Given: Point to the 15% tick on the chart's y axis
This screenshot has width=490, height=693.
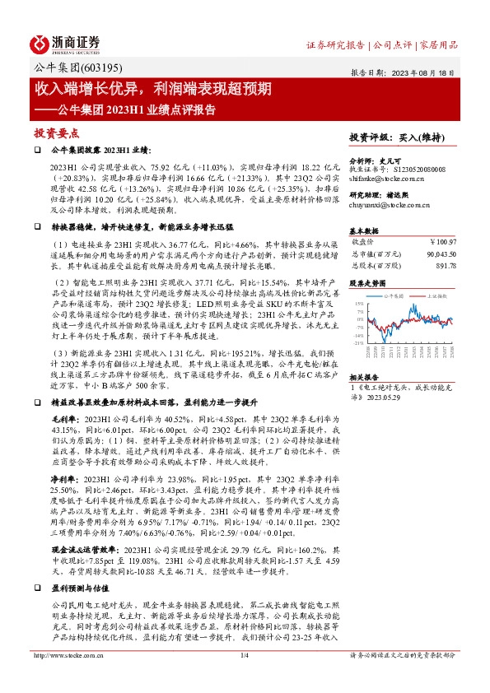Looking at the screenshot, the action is (x=358, y=304).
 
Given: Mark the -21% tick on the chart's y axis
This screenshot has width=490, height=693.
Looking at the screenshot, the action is (x=357, y=342).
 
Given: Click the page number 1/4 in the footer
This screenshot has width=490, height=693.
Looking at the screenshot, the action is (x=244, y=678).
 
